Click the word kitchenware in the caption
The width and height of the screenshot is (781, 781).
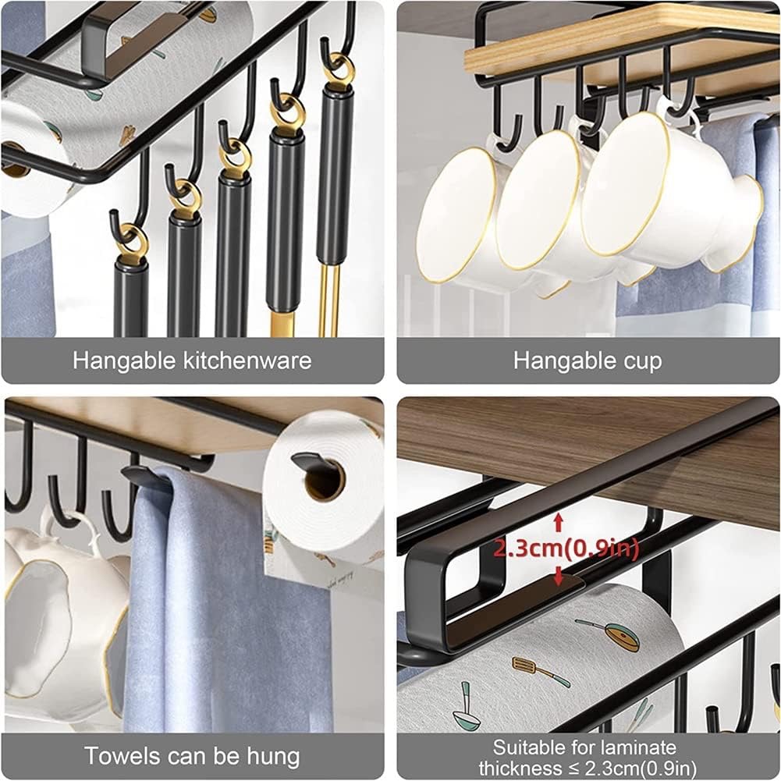(247, 360)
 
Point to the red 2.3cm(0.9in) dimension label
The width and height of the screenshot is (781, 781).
(566, 548)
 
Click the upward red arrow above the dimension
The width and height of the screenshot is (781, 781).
(559, 522)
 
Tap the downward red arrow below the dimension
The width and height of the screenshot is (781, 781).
(559, 576)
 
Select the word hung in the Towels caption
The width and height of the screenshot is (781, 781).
(274, 757)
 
